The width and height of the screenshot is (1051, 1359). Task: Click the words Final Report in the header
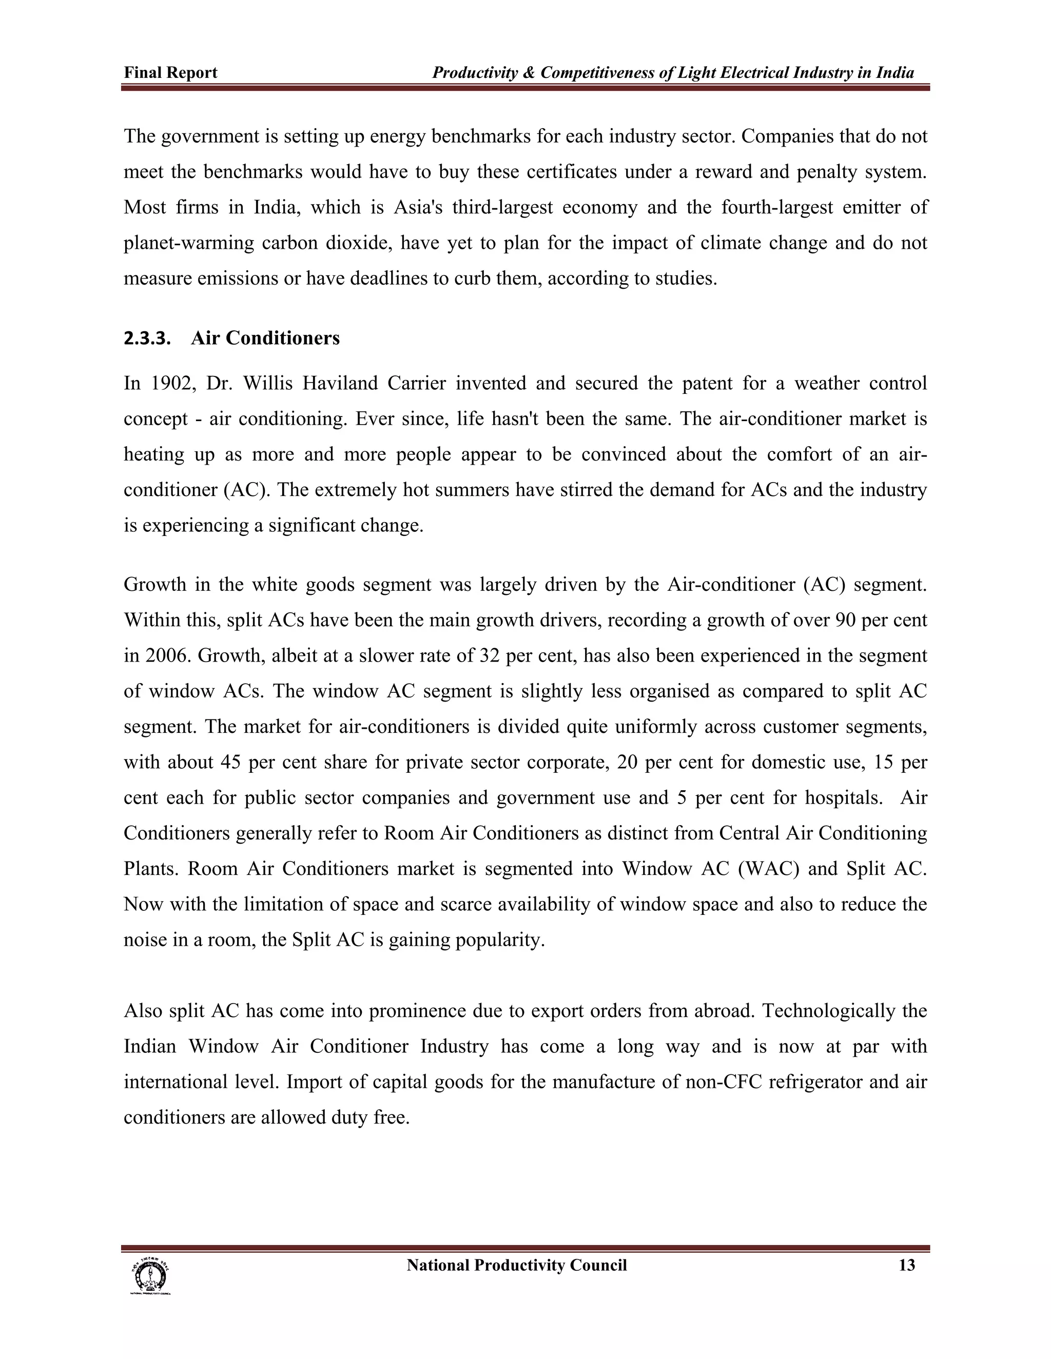pyautogui.click(x=170, y=73)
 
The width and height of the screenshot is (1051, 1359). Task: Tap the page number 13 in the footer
pyautogui.click(x=907, y=1265)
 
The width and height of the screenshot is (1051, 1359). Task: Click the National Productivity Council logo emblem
pyautogui.click(x=150, y=1275)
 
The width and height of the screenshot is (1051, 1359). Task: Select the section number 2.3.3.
pyautogui.click(x=147, y=338)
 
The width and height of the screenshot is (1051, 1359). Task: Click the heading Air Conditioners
pyautogui.click(x=265, y=338)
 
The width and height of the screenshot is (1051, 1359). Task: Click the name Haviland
pyautogui.click(x=340, y=383)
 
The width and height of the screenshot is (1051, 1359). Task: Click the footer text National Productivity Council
pyautogui.click(x=517, y=1265)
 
